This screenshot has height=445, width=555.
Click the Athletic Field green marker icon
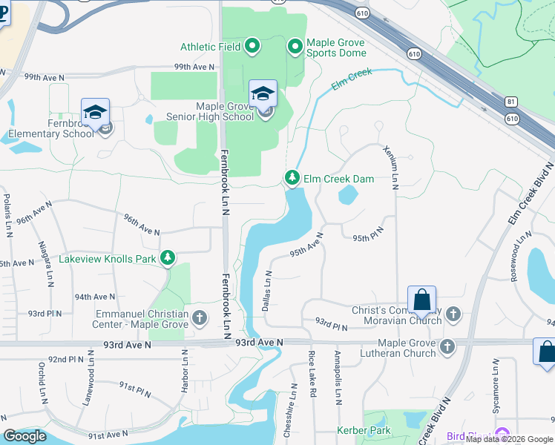point(252,47)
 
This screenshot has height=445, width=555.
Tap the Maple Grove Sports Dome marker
point(295,47)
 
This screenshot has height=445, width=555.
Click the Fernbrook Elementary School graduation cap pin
point(95,113)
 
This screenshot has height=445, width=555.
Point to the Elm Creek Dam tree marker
point(293,178)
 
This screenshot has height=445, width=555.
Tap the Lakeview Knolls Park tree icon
point(168,258)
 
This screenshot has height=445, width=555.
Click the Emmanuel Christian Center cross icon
point(199,318)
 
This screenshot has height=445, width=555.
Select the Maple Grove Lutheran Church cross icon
point(447,347)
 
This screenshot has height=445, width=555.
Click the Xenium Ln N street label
point(390,166)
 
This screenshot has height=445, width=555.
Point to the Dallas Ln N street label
point(267,290)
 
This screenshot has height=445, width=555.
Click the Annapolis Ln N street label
point(337,378)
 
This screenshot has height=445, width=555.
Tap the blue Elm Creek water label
point(351,81)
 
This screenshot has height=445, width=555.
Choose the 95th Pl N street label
point(368,238)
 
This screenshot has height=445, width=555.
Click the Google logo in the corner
point(24,436)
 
